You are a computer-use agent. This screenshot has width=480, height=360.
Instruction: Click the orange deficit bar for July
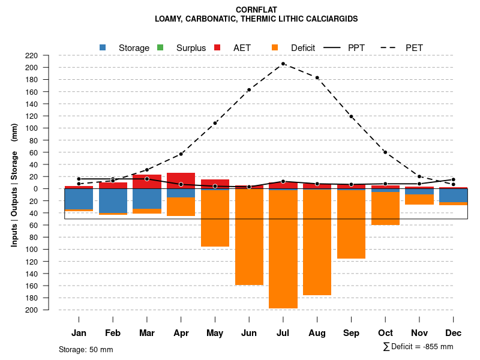(x=283, y=249)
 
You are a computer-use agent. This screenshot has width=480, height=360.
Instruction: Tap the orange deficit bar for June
(x=249, y=237)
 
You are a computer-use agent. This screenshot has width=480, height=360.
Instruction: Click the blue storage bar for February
(x=113, y=200)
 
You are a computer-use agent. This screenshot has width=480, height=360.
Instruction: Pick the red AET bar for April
(x=181, y=181)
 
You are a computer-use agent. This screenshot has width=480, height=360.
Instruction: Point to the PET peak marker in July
(x=283, y=64)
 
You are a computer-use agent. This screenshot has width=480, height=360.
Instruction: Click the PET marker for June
(x=249, y=90)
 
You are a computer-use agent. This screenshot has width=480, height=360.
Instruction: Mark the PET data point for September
(x=351, y=116)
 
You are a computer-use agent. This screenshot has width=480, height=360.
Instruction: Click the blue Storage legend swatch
(x=103, y=47)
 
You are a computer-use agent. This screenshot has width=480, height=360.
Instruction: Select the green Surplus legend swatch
(x=160, y=47)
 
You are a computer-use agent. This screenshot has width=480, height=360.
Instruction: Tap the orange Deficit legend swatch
(x=275, y=47)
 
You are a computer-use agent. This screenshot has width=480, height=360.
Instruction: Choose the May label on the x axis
(x=215, y=333)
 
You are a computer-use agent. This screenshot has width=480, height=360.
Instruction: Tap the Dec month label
(x=453, y=333)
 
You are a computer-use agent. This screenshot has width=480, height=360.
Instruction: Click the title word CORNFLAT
(x=256, y=10)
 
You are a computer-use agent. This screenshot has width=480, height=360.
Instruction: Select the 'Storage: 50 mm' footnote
(x=86, y=349)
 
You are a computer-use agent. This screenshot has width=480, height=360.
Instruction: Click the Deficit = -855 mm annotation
(x=418, y=347)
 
